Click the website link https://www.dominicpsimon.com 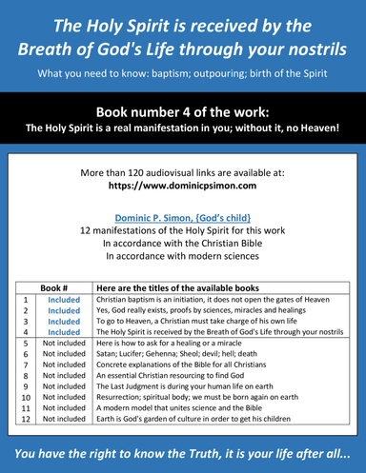click(x=183, y=187)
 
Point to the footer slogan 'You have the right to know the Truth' click(x=183, y=454)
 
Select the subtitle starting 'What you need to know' click(x=183, y=73)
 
